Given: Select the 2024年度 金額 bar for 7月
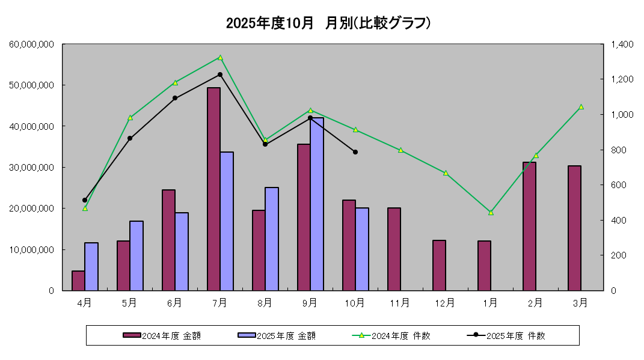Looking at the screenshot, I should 213,189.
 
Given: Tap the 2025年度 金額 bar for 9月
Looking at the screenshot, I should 317,204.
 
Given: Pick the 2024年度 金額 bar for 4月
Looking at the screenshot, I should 78,280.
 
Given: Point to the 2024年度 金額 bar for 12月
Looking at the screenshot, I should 439,265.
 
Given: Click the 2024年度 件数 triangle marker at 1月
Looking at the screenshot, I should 491,212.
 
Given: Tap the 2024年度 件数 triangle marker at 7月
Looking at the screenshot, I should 220,58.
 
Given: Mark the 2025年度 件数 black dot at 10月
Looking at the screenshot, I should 355,152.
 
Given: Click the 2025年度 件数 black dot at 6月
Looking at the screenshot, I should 175,98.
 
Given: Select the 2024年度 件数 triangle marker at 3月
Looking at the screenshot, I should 581,107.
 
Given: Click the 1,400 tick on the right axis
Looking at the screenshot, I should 622,44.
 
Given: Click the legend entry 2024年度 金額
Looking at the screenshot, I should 162,336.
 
